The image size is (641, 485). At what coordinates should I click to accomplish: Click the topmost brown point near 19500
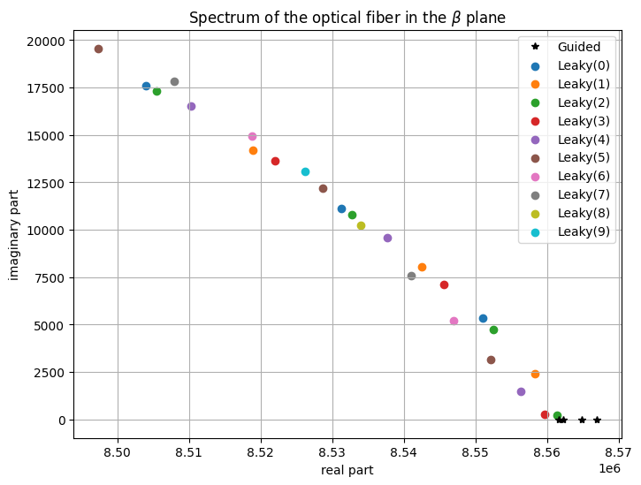coord(98,49)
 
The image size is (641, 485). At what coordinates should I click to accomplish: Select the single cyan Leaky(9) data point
coord(305,172)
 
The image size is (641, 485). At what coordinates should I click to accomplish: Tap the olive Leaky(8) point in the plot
coord(361,226)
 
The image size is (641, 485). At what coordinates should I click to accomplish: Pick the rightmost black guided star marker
coord(598,420)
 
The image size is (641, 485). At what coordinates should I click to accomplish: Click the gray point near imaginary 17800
coord(174,82)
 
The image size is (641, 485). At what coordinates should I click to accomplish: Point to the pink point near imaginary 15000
coord(252,136)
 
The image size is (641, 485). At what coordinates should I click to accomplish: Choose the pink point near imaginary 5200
coord(454,322)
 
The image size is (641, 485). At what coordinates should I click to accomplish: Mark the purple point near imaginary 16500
coord(191,107)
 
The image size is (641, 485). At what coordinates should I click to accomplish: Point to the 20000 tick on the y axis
coord(46,42)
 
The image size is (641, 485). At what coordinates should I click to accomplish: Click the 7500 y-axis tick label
coord(50,278)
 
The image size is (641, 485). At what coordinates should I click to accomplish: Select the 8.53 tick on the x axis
coord(332,452)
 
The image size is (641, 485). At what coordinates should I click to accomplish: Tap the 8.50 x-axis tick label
coord(118,452)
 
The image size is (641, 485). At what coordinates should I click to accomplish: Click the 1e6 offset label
coord(609,468)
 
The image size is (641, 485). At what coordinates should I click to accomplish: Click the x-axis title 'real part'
coord(347,470)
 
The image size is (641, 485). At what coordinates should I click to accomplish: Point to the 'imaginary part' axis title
coord(13,235)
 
